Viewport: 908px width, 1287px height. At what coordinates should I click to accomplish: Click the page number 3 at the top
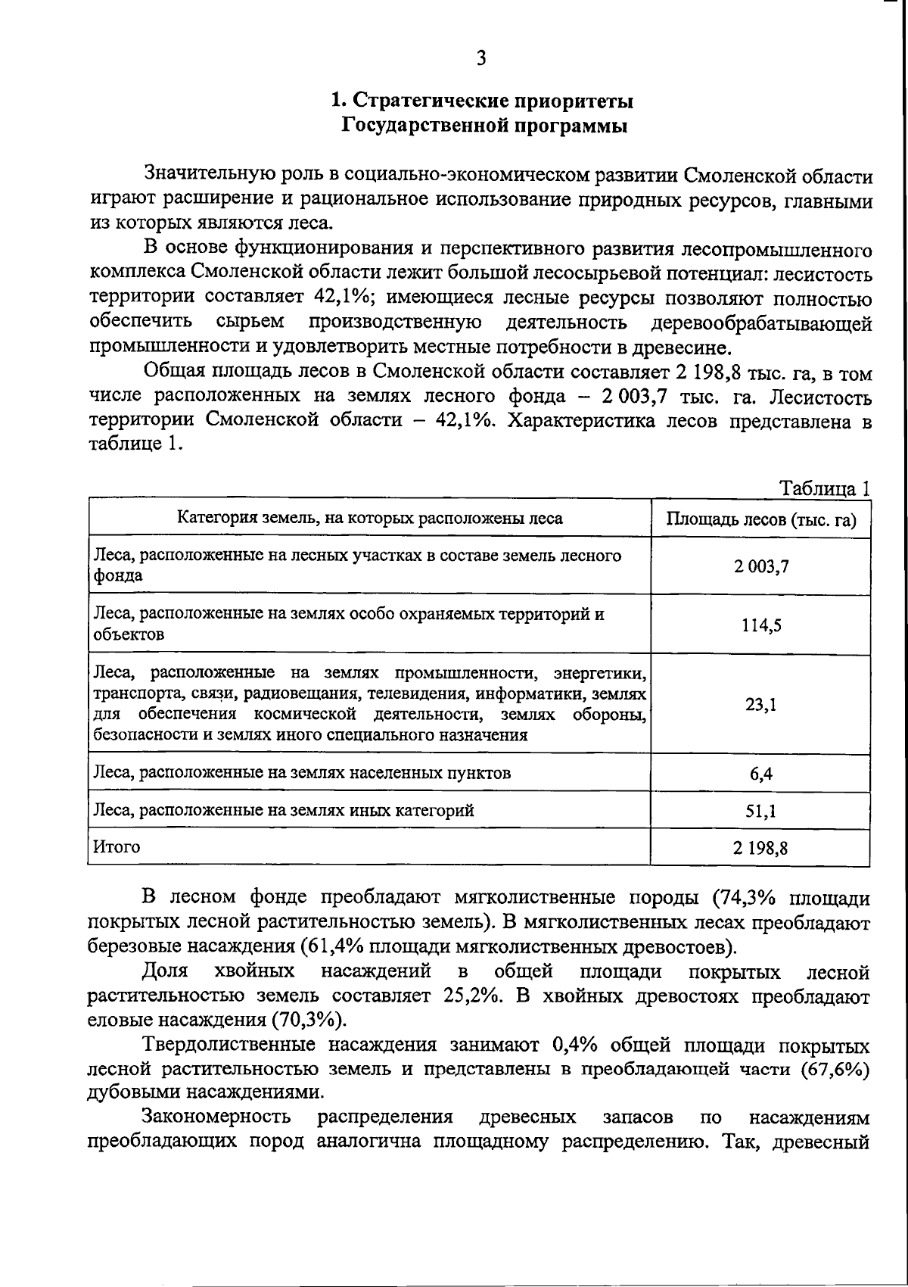tap(481, 59)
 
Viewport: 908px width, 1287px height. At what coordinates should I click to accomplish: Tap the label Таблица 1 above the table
tap(826, 488)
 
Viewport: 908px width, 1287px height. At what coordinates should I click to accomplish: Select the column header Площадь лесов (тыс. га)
tap(760, 519)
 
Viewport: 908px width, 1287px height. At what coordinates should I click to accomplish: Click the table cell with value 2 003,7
tap(760, 566)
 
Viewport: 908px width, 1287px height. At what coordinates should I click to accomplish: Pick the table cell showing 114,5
tap(760, 625)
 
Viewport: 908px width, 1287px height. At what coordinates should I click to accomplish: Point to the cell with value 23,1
tap(760, 704)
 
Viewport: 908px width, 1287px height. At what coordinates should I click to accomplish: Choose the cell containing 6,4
tap(760, 773)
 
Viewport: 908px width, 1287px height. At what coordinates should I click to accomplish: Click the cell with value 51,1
tap(760, 811)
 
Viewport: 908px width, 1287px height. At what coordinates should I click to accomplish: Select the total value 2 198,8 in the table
tap(760, 848)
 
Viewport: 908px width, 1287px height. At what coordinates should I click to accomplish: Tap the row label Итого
tap(117, 847)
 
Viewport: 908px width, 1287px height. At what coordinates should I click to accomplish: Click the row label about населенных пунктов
tap(301, 773)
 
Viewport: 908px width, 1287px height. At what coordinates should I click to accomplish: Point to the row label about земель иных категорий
tap(283, 811)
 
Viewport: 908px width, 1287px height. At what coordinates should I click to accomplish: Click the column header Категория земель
tap(370, 519)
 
